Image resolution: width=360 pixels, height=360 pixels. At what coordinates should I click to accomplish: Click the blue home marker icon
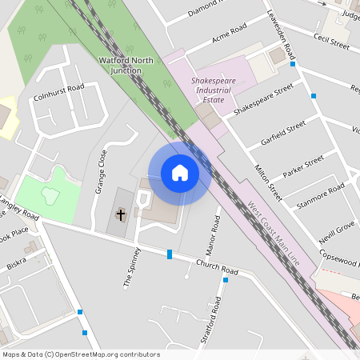(180, 173)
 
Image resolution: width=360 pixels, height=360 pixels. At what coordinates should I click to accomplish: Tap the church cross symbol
(121, 214)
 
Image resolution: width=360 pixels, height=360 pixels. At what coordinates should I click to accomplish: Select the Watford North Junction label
(131, 65)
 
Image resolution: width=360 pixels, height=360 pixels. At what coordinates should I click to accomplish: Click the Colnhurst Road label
(58, 93)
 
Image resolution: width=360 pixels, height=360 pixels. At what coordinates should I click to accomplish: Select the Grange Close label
(101, 171)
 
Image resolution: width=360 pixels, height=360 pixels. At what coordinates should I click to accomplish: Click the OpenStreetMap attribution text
(81, 354)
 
